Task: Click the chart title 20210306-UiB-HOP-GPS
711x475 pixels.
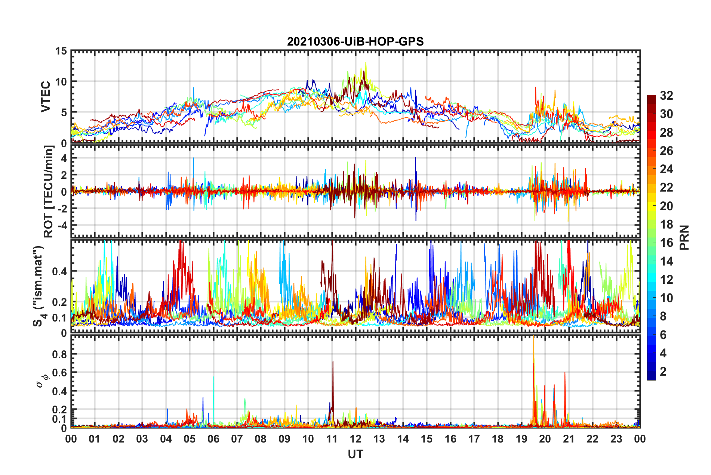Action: (355, 41)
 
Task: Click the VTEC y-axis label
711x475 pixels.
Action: (46, 96)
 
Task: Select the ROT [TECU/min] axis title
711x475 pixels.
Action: (49, 191)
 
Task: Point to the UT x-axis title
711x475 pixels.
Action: (355, 454)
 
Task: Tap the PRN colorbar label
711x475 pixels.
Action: (684, 237)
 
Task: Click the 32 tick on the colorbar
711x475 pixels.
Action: (666, 96)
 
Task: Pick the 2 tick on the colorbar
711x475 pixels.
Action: (663, 371)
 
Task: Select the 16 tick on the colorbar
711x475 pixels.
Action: (666, 243)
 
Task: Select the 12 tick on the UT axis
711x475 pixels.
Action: (355, 439)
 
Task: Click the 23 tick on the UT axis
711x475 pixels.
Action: (616, 439)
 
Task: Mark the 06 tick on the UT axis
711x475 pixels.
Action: (213, 439)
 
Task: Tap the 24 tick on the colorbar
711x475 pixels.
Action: (666, 169)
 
